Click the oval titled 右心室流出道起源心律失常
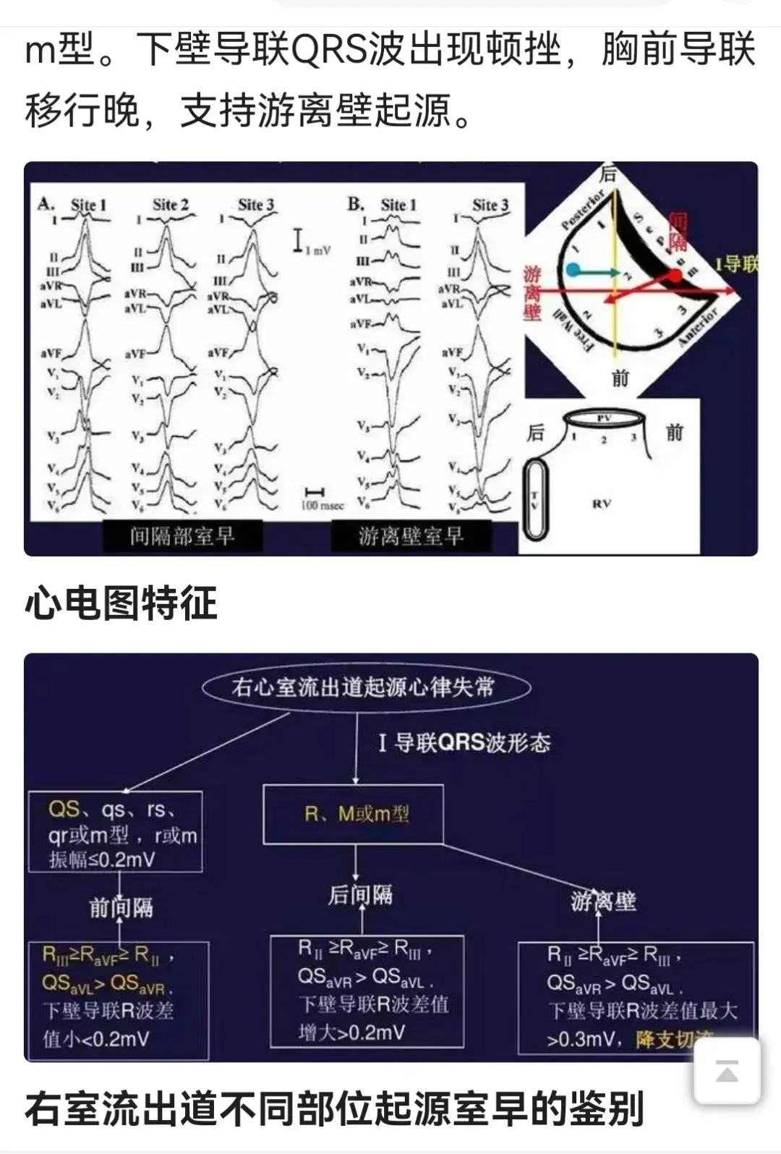pos(365,687)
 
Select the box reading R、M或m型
pos(354,814)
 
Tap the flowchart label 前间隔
pos(121,907)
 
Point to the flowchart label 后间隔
pos(360,895)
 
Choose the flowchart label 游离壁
pos(604,901)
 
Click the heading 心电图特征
pos(121,603)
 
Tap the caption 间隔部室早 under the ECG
pos(182,536)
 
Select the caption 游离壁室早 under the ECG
pos(411,536)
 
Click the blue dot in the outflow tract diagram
pos(573,271)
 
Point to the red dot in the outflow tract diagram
pos(674,276)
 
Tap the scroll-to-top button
pos(727,1071)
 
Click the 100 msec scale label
pos(322,505)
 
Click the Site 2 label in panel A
pos(171,205)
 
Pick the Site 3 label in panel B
pos(490,205)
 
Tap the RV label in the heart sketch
pos(602,504)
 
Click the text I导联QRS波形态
pos(464,743)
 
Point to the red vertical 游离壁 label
pos(532,292)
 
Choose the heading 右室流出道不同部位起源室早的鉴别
pos(334,1109)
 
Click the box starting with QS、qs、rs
pos(116,833)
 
